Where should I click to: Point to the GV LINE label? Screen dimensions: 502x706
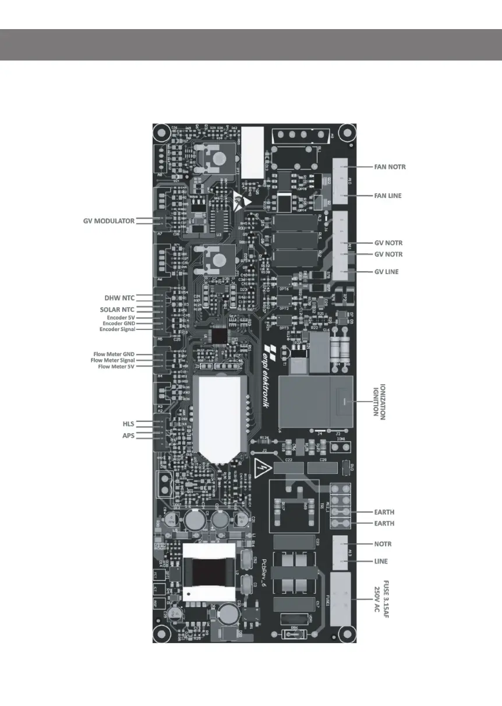[387, 272]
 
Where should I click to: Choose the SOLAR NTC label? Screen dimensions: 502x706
[118, 309]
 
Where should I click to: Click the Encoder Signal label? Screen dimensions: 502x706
[118, 329]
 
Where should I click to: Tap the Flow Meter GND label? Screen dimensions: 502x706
[114, 354]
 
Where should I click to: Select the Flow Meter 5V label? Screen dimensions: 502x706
[116, 367]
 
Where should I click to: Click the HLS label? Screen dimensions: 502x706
[128, 424]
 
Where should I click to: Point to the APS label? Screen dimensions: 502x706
[128, 435]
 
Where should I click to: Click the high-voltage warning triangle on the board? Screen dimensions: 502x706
[261, 466]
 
